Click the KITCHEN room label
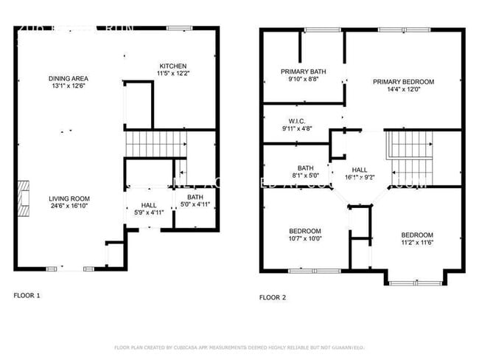pos(172,66)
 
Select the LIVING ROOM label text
pos(69,198)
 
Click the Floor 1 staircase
pos(154,143)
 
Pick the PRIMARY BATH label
pos(303,72)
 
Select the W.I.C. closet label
pos(297,120)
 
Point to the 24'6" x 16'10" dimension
pos(69,207)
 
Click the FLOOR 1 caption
pos(27,296)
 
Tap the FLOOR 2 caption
pos(272,297)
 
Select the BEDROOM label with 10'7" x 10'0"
pos(304,231)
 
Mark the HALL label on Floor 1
pos(149,205)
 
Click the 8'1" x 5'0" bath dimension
pos(305,176)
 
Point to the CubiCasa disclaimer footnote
pos(239,347)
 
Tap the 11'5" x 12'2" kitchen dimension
pos(172,74)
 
